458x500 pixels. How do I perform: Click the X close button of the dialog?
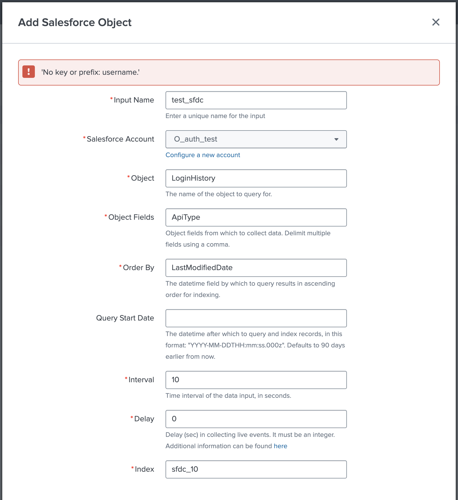coord(436,22)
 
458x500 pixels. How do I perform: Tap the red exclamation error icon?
coord(29,72)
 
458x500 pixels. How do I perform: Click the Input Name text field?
coord(256,100)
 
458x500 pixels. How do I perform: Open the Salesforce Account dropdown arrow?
coord(336,139)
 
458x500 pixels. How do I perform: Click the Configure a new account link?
coord(203,155)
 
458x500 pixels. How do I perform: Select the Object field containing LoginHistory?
coord(256,178)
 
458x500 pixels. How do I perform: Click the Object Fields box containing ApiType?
coord(256,217)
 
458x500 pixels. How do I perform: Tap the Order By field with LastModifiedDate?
coord(256,268)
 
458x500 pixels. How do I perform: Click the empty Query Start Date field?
coord(256,318)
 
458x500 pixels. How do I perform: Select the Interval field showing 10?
coord(256,380)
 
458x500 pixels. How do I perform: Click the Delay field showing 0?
coord(256,419)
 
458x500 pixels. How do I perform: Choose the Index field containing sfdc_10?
coord(256,469)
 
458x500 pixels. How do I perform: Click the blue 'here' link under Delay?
coord(280,446)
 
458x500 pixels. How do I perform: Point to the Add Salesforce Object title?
coord(75,22)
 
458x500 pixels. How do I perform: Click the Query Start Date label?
coord(125,318)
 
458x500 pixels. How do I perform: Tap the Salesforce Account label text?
coord(120,139)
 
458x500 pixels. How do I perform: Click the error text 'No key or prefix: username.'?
coord(90,72)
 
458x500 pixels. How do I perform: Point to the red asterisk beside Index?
coord(132,468)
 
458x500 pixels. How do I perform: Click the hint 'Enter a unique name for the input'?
coord(215,116)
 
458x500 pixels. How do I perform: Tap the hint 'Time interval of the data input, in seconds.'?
coord(228,396)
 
